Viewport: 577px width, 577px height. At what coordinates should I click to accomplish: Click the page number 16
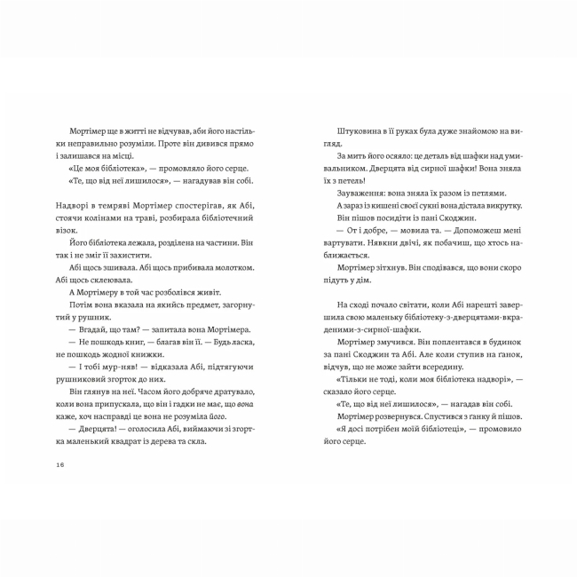coord(59,464)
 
